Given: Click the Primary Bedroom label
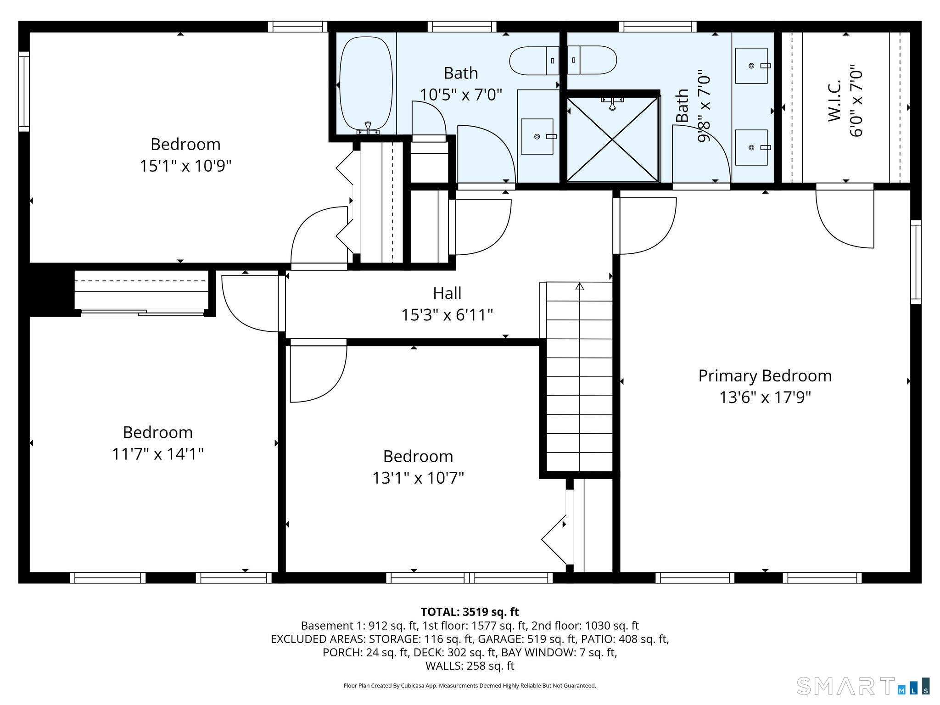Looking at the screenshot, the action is click(x=765, y=376).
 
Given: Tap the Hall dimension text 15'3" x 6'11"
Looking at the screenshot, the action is click(x=447, y=315).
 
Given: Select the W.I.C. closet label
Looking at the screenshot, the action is click(x=834, y=101).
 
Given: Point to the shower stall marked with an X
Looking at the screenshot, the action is click(x=613, y=139).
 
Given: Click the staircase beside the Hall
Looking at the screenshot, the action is click(x=579, y=376).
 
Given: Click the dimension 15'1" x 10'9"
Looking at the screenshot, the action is click(x=185, y=166).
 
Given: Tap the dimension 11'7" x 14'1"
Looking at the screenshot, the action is click(x=158, y=454).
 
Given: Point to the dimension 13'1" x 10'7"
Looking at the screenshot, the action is click(x=418, y=478).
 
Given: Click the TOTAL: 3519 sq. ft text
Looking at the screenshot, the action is click(x=470, y=612).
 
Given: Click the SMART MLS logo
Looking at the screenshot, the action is click(x=863, y=686).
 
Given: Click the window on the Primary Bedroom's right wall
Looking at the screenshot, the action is click(x=916, y=262).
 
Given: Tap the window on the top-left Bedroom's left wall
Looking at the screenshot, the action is click(x=24, y=91).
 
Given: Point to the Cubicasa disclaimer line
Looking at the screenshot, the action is click(x=470, y=686).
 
